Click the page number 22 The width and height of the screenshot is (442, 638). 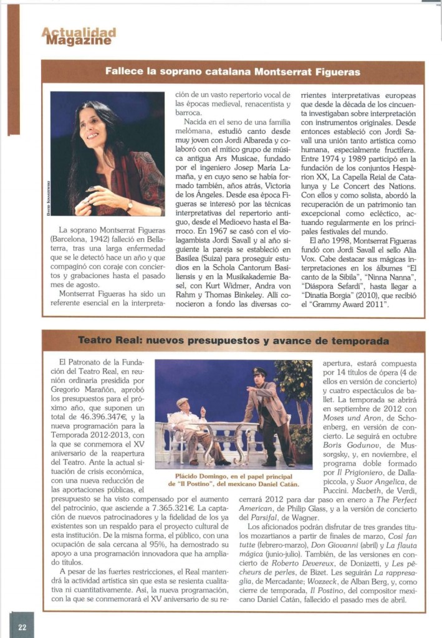click(x=22, y=627)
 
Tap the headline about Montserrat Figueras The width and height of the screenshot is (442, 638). click(x=233, y=72)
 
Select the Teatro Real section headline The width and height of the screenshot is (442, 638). click(x=233, y=341)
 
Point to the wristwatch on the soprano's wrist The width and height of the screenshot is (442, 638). click(x=129, y=204)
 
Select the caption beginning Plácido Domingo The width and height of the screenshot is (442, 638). click(x=233, y=480)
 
